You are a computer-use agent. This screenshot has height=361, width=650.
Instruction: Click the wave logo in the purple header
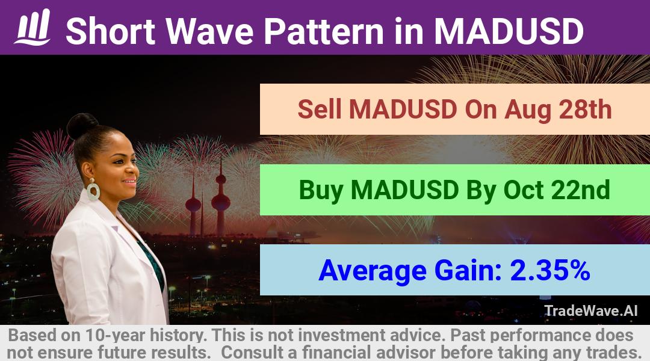click(x=32, y=27)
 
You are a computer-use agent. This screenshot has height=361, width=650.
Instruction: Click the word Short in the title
click(x=111, y=31)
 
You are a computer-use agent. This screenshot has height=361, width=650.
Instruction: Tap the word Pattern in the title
click(x=324, y=31)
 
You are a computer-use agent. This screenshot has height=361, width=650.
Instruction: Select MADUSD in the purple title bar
click(x=509, y=31)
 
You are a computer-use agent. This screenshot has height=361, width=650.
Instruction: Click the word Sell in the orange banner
click(x=320, y=110)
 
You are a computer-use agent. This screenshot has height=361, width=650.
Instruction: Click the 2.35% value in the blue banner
click(x=550, y=270)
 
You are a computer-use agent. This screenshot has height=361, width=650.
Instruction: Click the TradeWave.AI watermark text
click(x=591, y=311)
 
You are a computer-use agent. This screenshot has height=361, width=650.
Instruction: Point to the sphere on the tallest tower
click(x=220, y=202)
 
